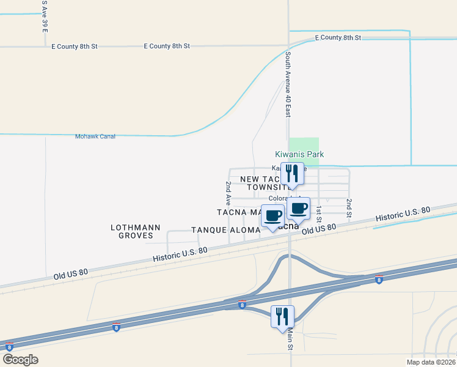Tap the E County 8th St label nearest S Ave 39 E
coord(75,46)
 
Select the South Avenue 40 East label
coord(288,84)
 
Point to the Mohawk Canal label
coord(95,136)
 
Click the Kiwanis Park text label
coord(298,155)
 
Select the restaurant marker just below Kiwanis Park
coord(291,174)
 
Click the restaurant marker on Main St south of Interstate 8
coord(282,317)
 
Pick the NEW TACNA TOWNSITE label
coord(264,183)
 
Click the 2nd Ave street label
coord(228,192)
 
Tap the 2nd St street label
coord(349,208)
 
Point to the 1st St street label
coord(319,214)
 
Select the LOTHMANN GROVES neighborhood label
coord(136,231)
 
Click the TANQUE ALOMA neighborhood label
coord(227,230)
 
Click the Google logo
coord(21,359)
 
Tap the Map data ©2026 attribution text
coord(431,362)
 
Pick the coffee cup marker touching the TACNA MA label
coord(273,216)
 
